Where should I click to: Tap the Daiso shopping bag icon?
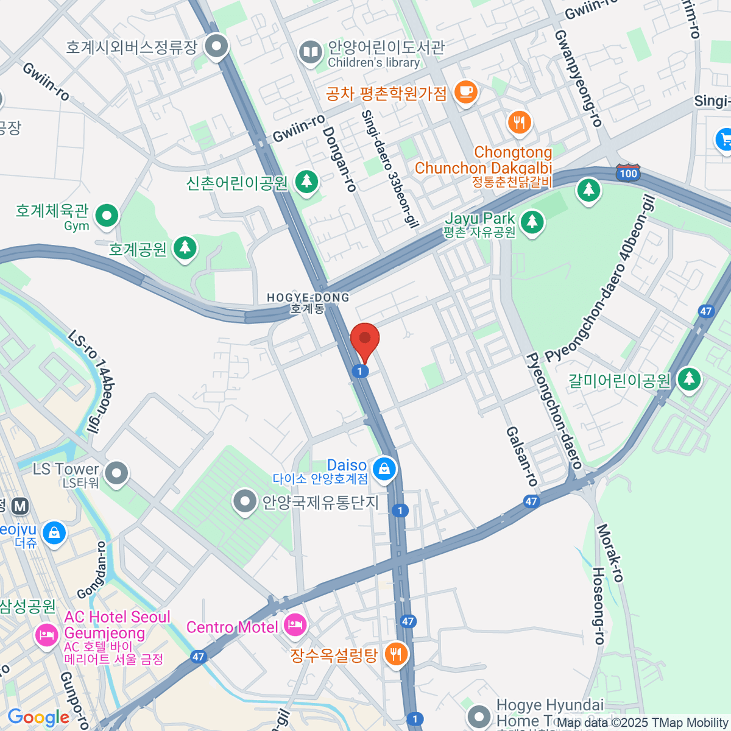pos(384,469)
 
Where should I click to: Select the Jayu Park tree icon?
pos(532,221)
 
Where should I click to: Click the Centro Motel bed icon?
pos(295,624)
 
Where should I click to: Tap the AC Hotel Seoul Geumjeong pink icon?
pos(47,635)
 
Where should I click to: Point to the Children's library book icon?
pos(311,52)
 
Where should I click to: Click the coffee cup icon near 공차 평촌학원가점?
pos(466,92)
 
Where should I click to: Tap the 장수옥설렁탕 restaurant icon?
pos(396,655)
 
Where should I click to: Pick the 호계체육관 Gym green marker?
pos(107,216)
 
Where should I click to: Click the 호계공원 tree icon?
pos(185,248)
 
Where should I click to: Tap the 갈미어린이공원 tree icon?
pos(688,379)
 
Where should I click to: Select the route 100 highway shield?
pos(628,173)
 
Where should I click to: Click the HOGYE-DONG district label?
pos(308,303)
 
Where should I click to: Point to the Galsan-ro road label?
pos(522,456)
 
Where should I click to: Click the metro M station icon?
pos(21,506)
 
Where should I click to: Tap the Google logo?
pos(38,717)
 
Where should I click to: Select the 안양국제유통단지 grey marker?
pos(245,502)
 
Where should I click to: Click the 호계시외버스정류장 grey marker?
pos(216,46)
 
